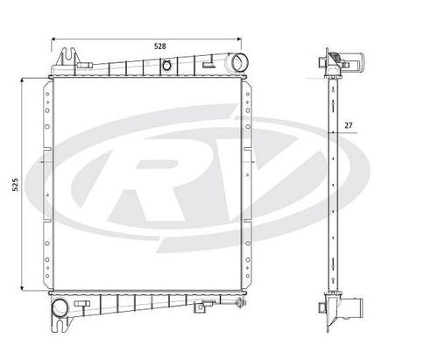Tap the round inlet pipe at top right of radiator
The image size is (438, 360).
point(239,63)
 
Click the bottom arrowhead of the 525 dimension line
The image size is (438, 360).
point(25,290)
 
